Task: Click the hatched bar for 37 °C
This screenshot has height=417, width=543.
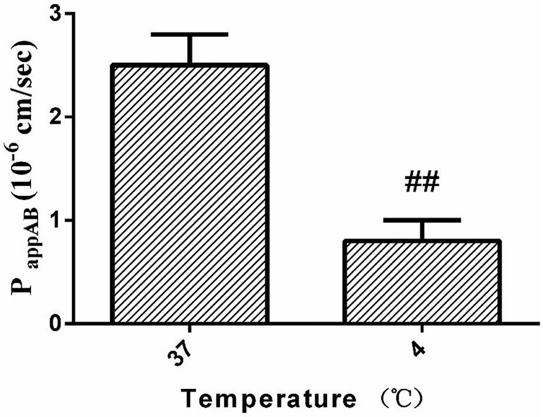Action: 190,194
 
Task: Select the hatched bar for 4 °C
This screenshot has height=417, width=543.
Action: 421,282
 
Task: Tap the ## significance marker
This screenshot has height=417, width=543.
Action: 421,182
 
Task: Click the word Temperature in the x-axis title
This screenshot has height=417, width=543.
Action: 267,399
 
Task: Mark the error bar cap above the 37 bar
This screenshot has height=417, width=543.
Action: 190,35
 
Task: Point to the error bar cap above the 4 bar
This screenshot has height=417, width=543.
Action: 421,220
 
